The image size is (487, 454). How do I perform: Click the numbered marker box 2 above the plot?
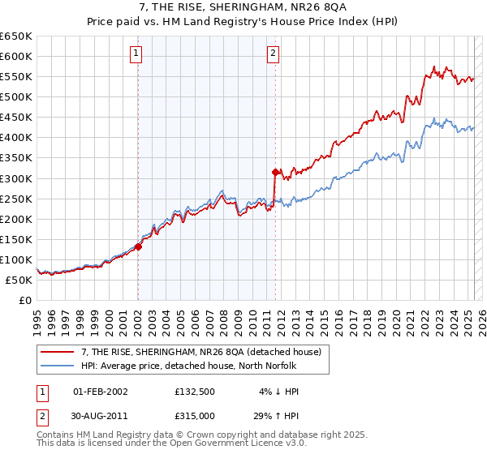(x=273, y=54)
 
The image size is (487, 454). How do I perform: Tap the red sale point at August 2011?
(x=275, y=172)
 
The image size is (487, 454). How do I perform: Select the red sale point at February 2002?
(x=138, y=246)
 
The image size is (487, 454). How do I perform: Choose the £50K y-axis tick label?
(x=19, y=280)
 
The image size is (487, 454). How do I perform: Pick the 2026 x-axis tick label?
(x=477, y=321)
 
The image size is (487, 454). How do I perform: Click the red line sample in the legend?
(x=59, y=351)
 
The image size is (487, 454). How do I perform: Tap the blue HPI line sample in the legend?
(x=59, y=365)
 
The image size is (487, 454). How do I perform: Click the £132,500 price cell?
(x=194, y=392)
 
